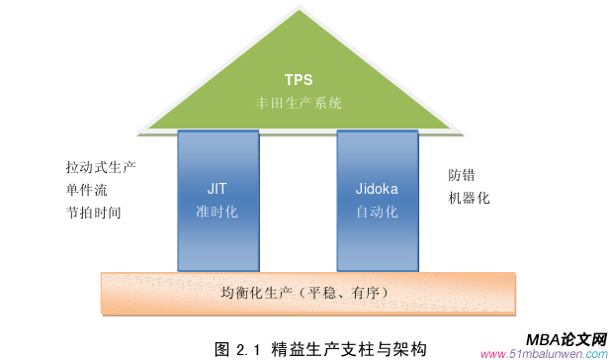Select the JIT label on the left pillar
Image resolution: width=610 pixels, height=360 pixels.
(218, 187)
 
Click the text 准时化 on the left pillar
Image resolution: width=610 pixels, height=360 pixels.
(218, 211)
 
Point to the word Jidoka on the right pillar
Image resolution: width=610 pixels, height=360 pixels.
(377, 187)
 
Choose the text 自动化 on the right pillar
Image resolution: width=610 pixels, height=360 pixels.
(377, 211)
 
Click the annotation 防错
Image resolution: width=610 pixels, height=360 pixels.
(462, 175)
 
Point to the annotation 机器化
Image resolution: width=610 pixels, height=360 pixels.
(469, 198)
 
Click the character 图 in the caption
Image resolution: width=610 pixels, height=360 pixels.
(222, 348)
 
